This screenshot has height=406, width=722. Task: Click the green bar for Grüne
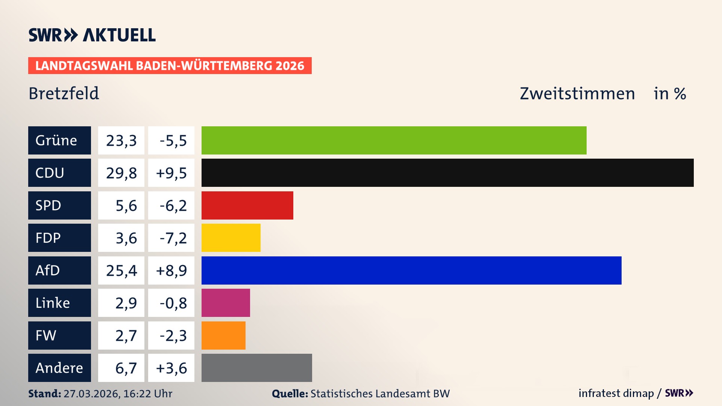point(394,140)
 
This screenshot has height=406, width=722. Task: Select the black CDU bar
point(447,173)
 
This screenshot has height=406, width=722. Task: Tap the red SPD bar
point(247,205)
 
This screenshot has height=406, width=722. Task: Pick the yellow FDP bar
point(231,238)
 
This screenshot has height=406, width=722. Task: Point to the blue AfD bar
point(411,270)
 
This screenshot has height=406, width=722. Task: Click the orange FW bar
point(223,335)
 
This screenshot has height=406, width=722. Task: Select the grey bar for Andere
point(256,368)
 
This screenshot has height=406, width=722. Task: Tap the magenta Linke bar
point(226,303)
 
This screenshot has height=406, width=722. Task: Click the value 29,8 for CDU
point(121,173)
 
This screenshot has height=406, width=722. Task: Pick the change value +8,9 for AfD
point(171,271)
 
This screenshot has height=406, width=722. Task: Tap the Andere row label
point(59,368)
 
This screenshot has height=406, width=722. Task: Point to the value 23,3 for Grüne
point(121,141)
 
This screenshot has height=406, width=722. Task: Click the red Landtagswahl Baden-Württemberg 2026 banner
point(170,65)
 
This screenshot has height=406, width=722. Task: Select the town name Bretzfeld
point(64,93)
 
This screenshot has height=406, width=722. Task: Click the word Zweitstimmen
point(577,93)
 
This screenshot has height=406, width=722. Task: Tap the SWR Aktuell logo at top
point(92,35)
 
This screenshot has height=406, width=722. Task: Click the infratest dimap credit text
point(616,393)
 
